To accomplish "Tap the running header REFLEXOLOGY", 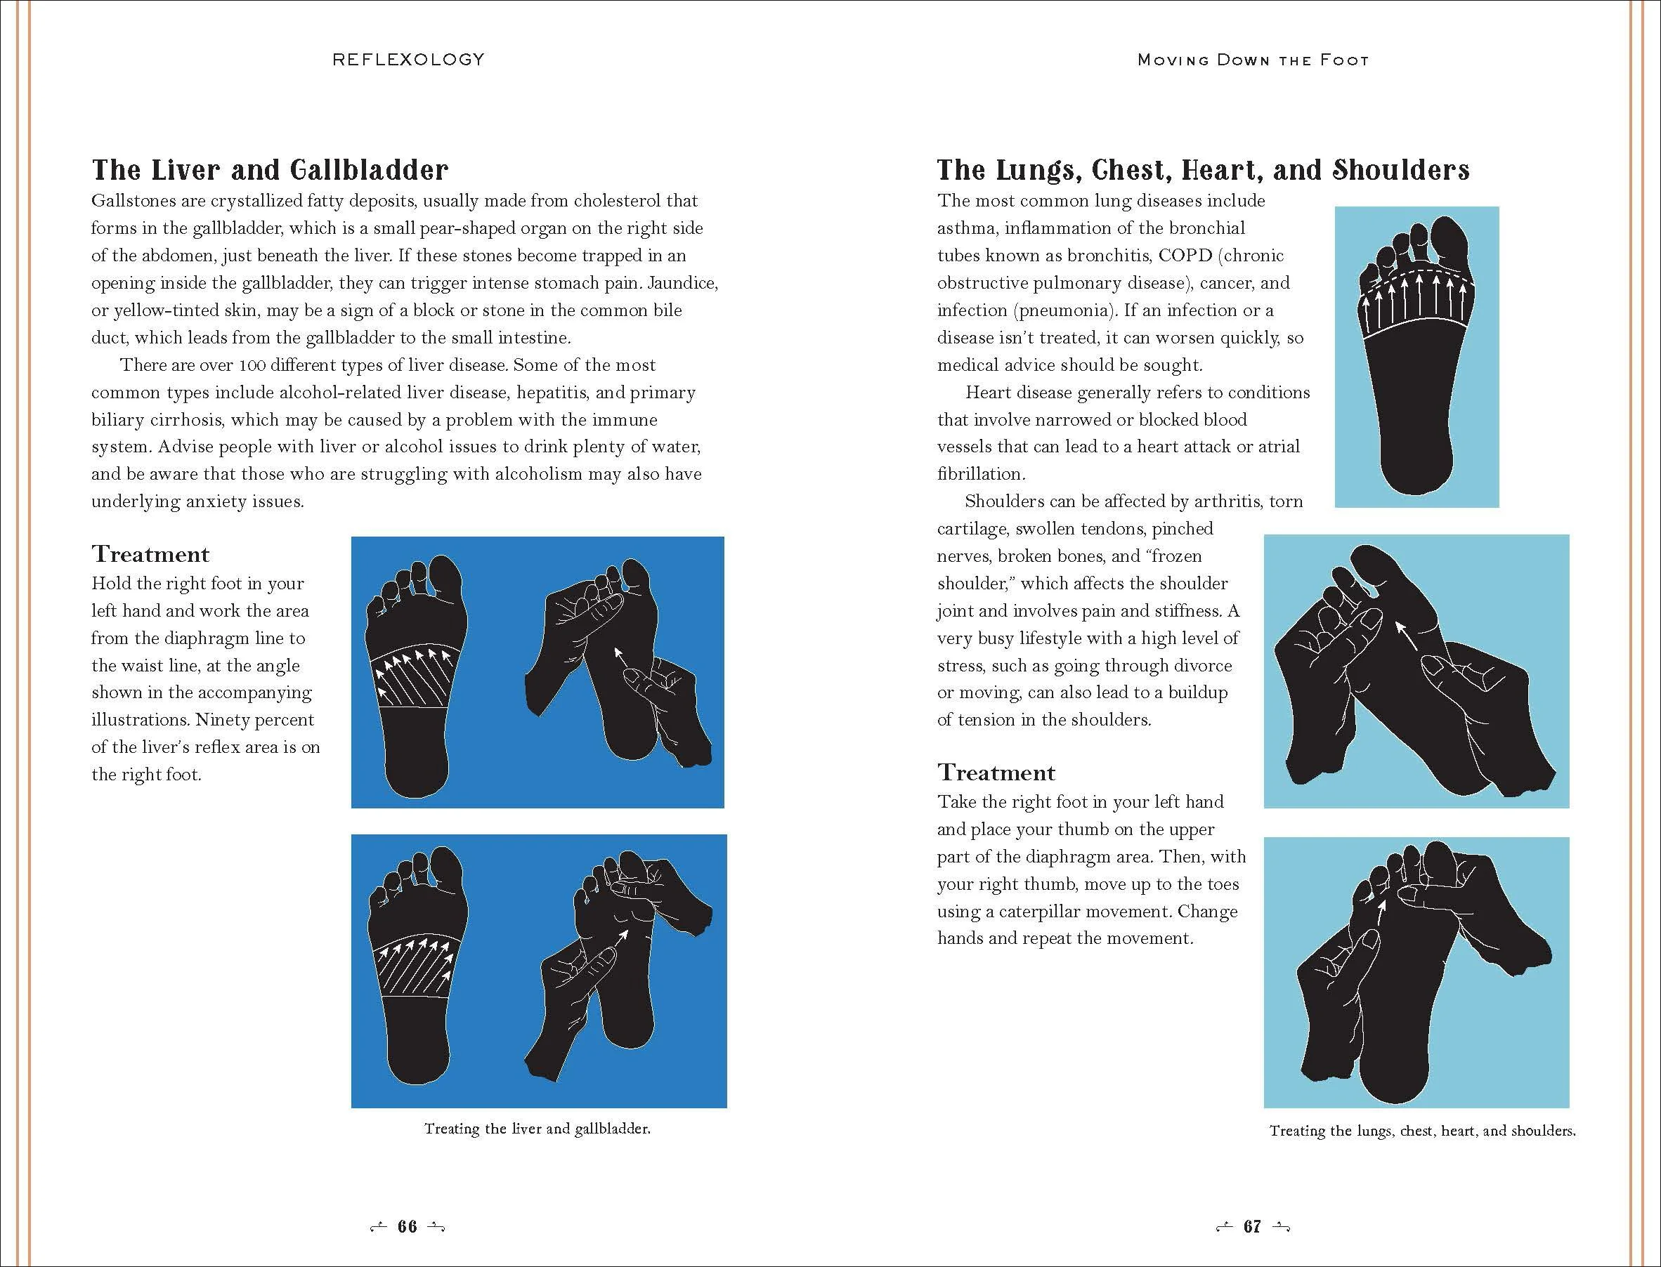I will (x=408, y=60).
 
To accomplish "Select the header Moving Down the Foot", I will (x=1253, y=60).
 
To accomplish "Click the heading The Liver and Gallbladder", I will (x=270, y=170).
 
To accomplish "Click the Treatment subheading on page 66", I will (x=151, y=554).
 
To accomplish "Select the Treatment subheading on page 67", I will (x=996, y=773).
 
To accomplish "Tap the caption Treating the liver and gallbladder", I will (x=537, y=1129).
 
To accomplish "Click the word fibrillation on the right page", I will (x=981, y=474).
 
